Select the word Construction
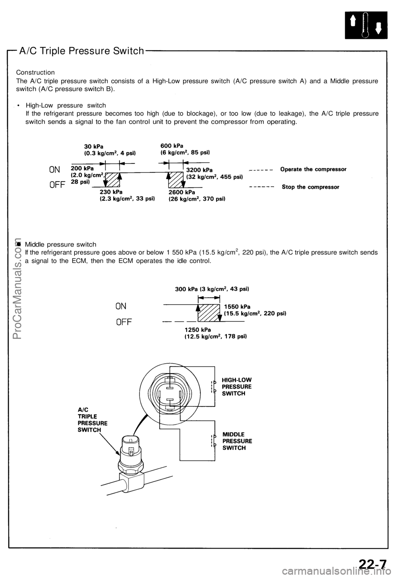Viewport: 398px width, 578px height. coord(35,72)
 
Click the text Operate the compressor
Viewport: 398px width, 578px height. coord(314,169)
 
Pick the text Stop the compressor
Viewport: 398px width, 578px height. coord(311,187)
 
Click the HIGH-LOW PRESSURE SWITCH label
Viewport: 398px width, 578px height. coord(237,386)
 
